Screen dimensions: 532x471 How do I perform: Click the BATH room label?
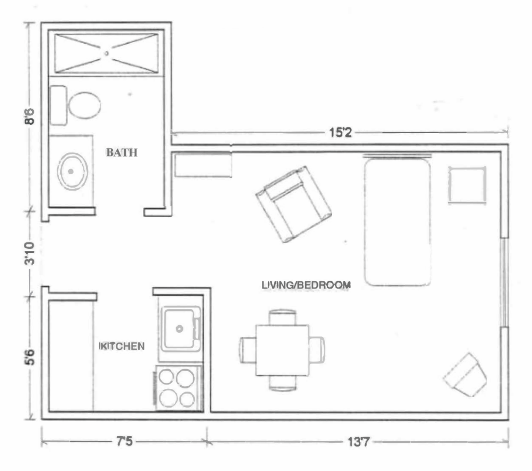click(122, 152)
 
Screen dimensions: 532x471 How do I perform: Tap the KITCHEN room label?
click(122, 346)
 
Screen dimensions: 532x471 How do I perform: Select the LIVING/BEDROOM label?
click(306, 285)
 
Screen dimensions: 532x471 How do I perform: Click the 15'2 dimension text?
click(340, 132)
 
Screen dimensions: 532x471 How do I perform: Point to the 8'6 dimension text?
click(30, 116)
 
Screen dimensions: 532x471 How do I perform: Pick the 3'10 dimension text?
click(30, 253)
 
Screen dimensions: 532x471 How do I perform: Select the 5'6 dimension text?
click(30, 357)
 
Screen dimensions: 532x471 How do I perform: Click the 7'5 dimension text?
click(125, 441)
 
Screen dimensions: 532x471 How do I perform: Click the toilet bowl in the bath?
click(85, 105)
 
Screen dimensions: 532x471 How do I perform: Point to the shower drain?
click(107, 54)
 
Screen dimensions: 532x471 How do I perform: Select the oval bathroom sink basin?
click(72, 171)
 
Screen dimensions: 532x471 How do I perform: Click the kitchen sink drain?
click(179, 329)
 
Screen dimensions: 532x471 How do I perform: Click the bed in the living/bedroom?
click(397, 221)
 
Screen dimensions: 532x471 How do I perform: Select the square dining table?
click(282, 350)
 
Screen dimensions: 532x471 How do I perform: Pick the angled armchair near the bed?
click(294, 204)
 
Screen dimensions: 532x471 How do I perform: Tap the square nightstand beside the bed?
click(467, 185)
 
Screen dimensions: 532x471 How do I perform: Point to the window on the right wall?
click(505, 282)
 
